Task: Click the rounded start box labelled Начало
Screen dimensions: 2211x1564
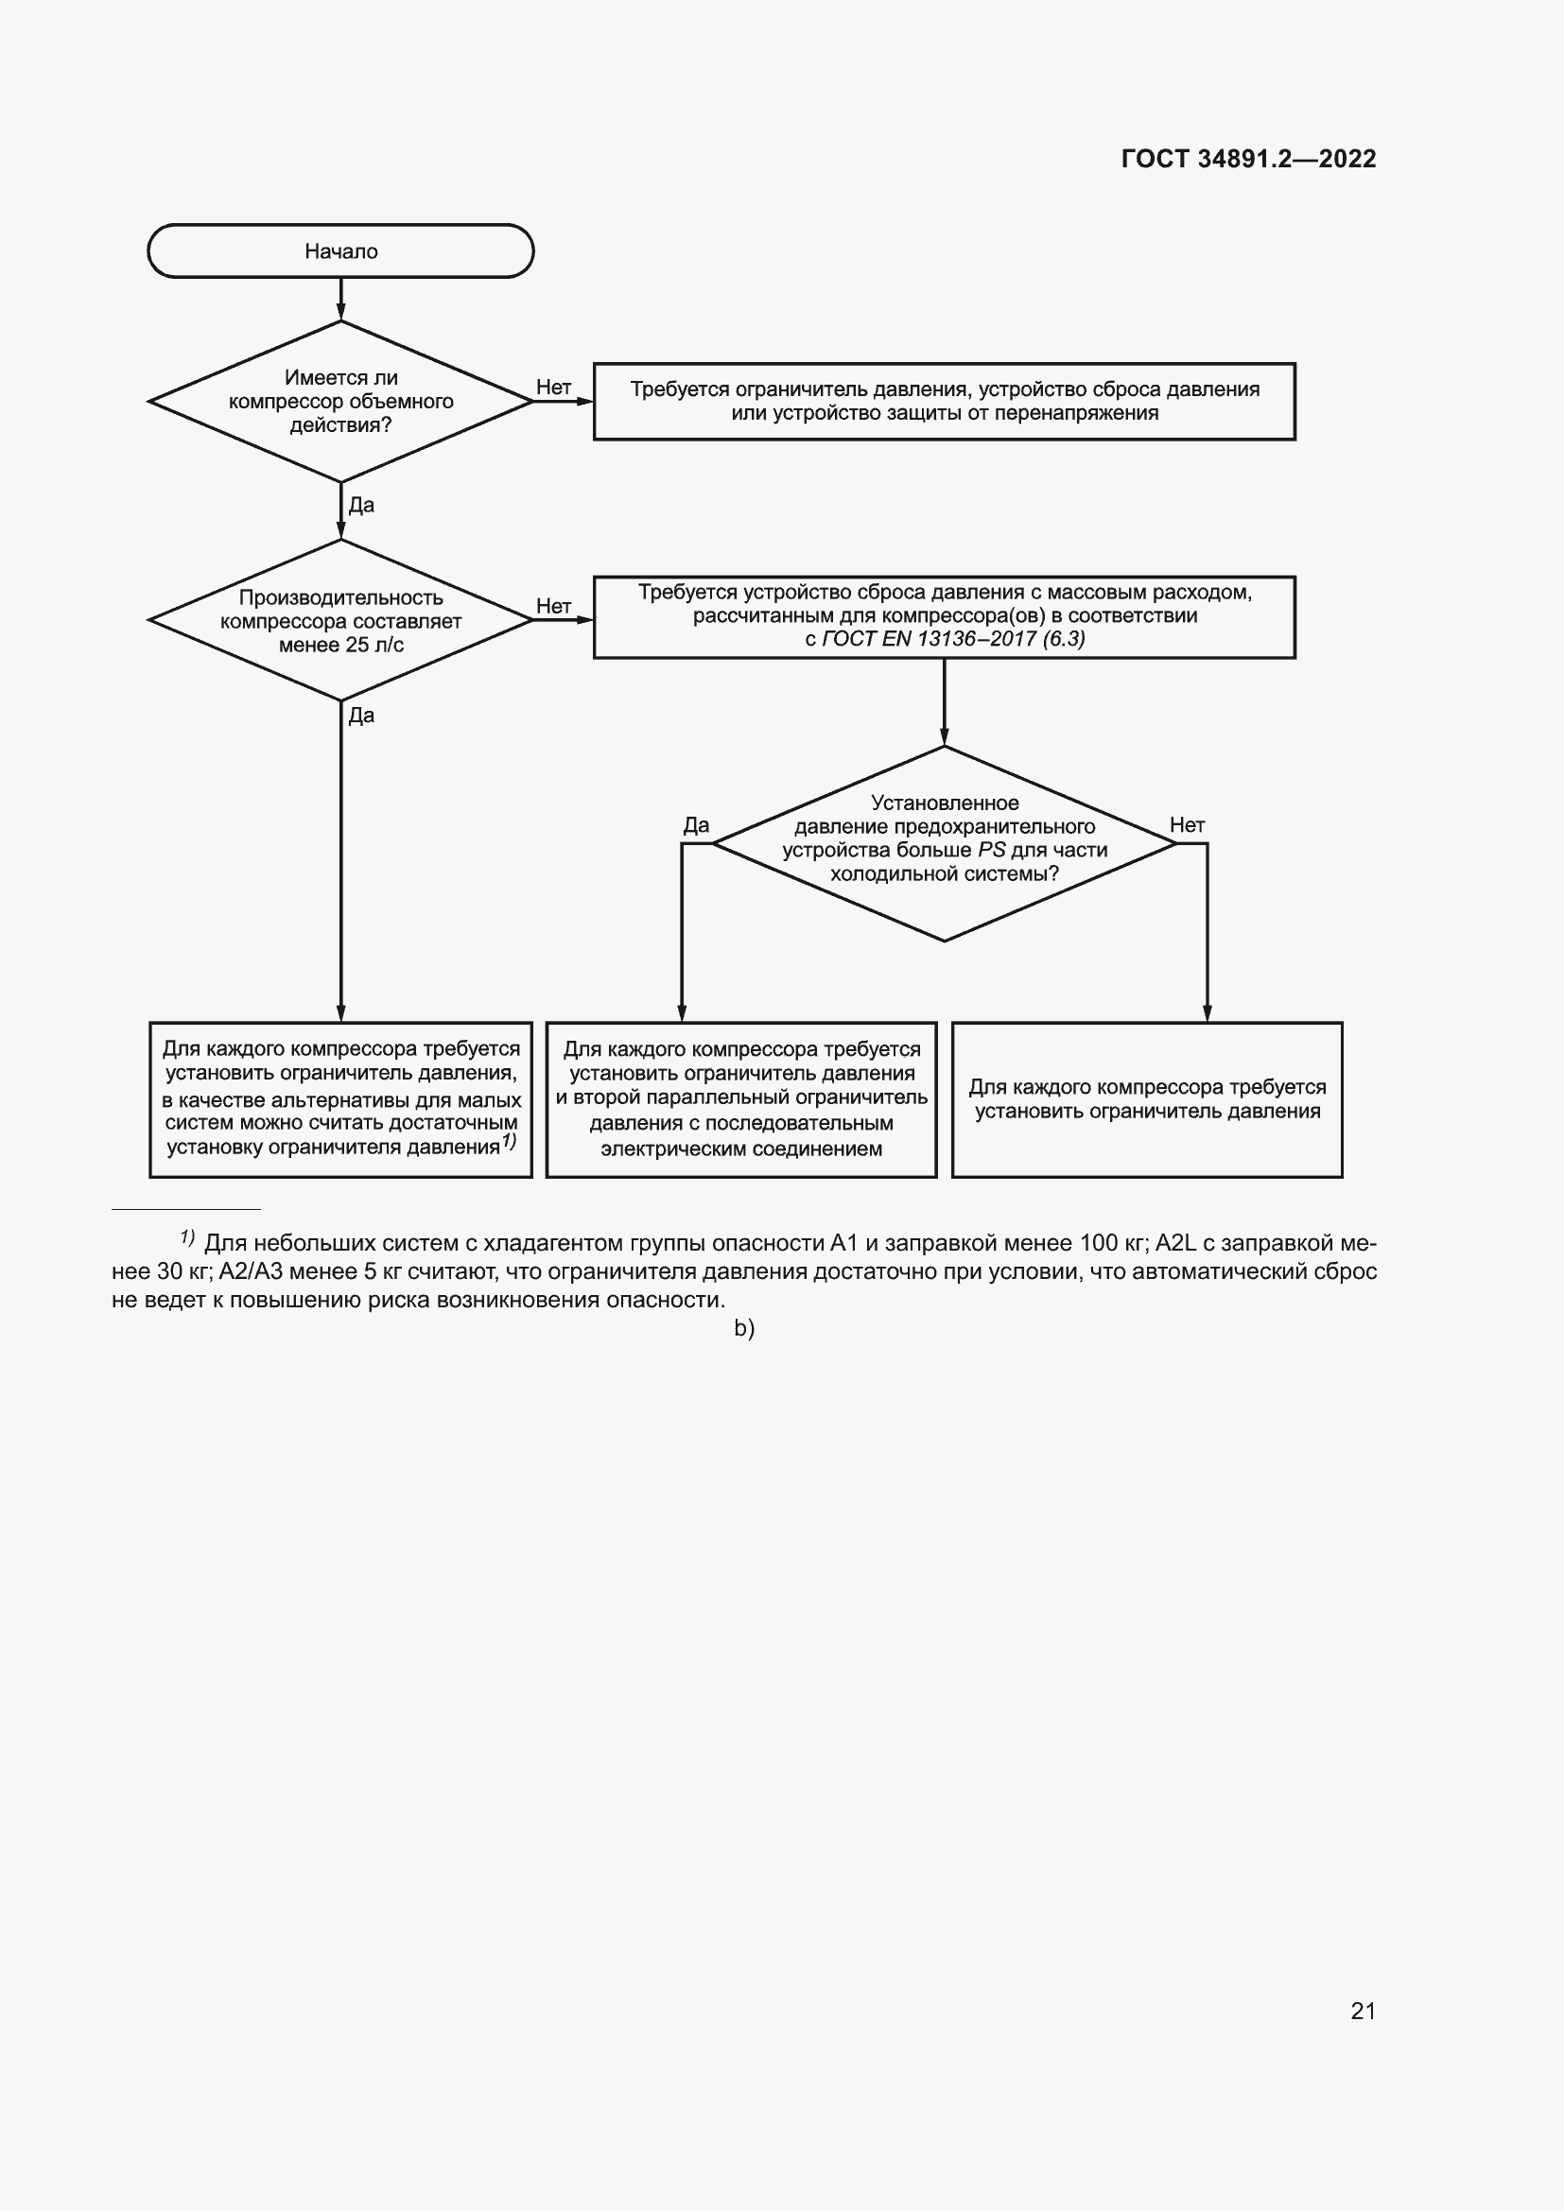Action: click(340, 251)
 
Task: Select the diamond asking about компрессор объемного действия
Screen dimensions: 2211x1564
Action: click(340, 402)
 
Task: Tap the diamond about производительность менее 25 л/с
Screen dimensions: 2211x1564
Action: click(340, 620)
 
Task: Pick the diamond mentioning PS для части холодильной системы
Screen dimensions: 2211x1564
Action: click(944, 842)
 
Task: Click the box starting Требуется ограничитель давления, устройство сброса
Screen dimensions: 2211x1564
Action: click(944, 402)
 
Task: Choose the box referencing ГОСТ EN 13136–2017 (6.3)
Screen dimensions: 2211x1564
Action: click(944, 617)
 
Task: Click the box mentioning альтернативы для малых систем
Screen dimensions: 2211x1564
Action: click(340, 1098)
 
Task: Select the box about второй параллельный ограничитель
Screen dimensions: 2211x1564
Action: click(740, 1098)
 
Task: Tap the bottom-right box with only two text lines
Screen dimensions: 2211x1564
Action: click(1146, 1098)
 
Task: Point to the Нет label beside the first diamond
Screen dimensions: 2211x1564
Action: click(554, 388)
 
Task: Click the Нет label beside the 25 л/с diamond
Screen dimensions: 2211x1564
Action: click(554, 606)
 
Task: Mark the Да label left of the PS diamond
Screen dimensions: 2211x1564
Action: click(695, 825)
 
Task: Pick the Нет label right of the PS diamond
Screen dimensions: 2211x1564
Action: click(1187, 825)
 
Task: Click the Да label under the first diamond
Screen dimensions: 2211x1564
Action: click(361, 506)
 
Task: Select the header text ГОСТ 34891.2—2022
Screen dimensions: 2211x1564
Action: click(1248, 159)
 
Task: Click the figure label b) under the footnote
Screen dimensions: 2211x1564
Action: click(744, 1329)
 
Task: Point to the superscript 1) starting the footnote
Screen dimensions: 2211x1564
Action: click(188, 1237)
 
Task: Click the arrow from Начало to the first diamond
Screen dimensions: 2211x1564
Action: click(341, 300)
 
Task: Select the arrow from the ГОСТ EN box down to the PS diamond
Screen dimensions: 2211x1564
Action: click(944, 702)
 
